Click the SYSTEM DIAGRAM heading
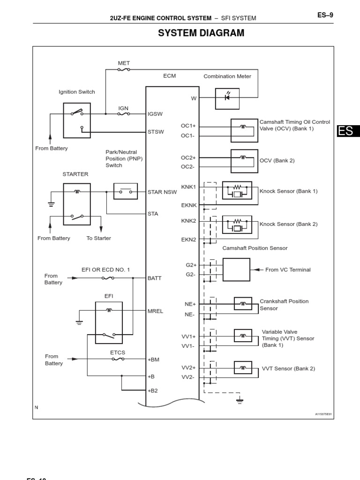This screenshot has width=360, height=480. (201, 33)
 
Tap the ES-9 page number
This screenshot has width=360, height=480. (325, 15)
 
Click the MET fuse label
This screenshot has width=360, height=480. (124, 63)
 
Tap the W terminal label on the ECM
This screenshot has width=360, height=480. (194, 98)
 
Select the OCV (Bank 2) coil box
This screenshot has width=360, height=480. (244, 160)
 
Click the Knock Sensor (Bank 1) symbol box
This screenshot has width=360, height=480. (237, 191)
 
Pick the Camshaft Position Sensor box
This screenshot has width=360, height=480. (236, 270)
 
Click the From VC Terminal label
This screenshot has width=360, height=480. (288, 270)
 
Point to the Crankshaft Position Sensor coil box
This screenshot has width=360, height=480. (243, 304)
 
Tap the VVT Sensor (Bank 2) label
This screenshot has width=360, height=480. (288, 368)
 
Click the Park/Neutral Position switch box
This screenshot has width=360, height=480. (126, 191)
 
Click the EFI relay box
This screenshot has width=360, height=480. (109, 323)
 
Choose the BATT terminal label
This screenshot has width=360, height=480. (154, 278)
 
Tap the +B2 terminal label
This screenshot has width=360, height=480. (153, 390)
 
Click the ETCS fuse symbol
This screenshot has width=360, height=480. (118, 360)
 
